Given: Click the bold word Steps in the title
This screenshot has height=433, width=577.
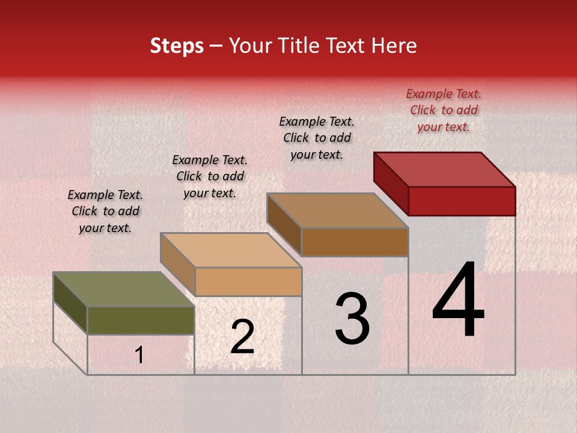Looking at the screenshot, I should pos(177,46).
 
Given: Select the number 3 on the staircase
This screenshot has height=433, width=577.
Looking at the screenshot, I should pos(352,319).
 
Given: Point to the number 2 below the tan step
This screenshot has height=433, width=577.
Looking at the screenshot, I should pos(242,337).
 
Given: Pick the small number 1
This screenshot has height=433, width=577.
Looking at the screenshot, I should pos(139,355).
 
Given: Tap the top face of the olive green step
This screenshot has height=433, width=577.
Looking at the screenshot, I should pos(123,289).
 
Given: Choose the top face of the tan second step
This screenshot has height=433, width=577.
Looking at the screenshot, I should pos(231,250).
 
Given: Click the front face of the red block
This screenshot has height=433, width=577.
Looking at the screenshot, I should pos(462,201).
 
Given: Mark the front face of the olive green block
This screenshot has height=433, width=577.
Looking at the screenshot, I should pos(141,320).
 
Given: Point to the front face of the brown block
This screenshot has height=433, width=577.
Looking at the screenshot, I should pos(355,242).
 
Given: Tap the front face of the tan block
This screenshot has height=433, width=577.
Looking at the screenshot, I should pos(248,281).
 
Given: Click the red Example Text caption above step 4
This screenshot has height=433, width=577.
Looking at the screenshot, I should pos(444,110).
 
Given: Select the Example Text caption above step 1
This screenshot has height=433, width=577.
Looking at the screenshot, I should pos(105,211).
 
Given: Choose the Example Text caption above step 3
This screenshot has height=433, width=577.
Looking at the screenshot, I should pos(317,138).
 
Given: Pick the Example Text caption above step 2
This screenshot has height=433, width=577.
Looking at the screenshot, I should pos(210,176).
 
